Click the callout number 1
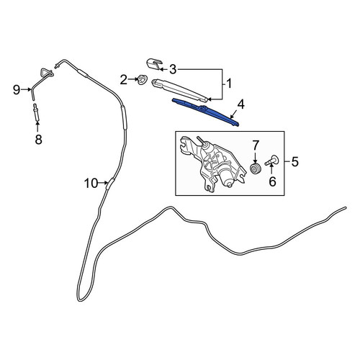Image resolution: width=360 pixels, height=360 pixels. coord(229,84)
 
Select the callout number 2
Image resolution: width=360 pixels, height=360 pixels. coord(124,80)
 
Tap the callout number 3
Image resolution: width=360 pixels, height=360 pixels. coord(173,69)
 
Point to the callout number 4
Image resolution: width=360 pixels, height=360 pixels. coord(240,104)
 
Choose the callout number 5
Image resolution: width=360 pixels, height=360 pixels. coord(294,161)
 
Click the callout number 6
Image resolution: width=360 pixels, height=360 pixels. coord(272,181)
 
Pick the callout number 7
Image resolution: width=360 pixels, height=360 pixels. coord(255,145)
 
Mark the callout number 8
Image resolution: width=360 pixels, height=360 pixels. coord(38,140)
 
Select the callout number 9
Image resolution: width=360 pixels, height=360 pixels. coord(17,90)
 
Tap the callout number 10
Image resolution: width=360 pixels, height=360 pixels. coord(91,184)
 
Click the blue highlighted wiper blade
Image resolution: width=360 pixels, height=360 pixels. coord(206,112)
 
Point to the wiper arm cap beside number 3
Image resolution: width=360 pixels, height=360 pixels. coord(155,63)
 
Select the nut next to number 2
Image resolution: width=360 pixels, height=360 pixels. coord(140,79)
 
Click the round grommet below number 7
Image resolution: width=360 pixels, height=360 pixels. coord(255,168)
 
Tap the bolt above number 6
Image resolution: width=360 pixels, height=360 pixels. coord(271,161)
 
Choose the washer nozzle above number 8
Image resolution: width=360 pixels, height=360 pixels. coord(37,112)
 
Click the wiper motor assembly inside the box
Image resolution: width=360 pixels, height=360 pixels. coord(213,163)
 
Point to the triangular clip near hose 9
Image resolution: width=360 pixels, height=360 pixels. coord(46,73)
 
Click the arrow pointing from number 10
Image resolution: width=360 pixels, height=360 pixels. coord(104,183)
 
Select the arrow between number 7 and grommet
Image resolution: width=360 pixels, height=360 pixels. coord(255,157)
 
